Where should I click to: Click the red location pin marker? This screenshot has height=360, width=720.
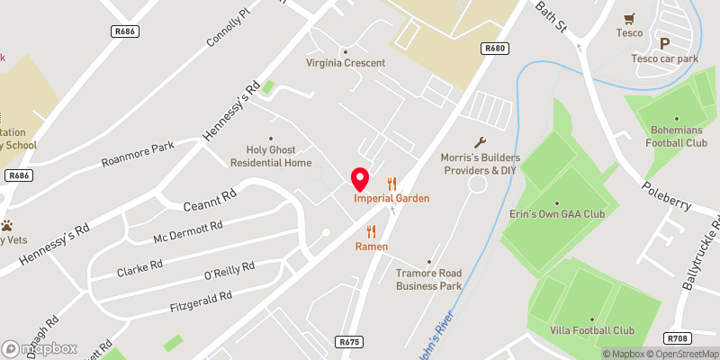pyautogui.click(x=360, y=177)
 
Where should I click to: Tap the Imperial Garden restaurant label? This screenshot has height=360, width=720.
pyautogui.click(x=391, y=198)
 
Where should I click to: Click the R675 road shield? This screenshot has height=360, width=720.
pyautogui.click(x=350, y=342)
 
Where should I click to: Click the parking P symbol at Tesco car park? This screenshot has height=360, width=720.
pyautogui.click(x=665, y=43)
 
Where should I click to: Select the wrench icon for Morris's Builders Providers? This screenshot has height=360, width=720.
pyautogui.click(x=481, y=141)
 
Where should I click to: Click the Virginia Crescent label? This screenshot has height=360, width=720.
pyautogui.click(x=346, y=63)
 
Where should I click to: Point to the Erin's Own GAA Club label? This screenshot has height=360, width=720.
pyautogui.click(x=556, y=213)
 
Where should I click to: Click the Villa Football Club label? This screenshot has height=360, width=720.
pyautogui.click(x=592, y=330)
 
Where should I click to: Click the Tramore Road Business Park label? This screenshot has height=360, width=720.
pyautogui.click(x=429, y=280)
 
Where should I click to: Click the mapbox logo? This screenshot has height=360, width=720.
pyautogui.click(x=40, y=348)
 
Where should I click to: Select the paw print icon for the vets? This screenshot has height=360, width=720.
pyautogui.click(x=7, y=225)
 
